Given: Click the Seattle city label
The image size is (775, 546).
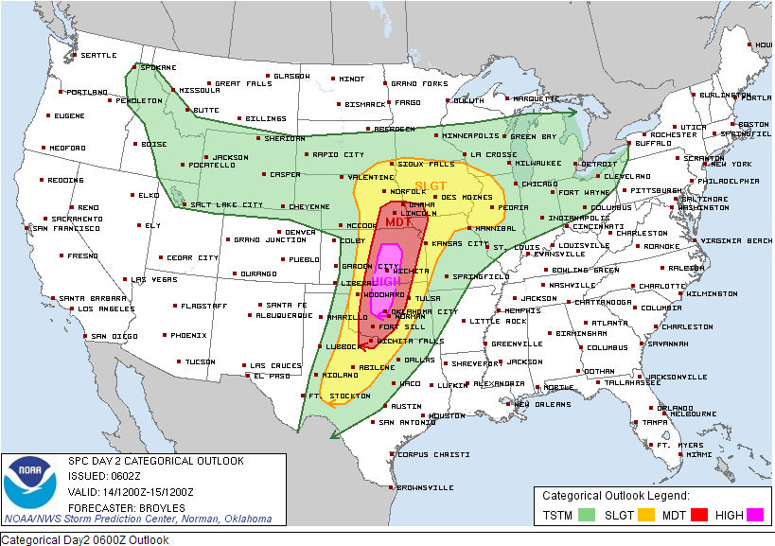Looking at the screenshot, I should tap(97, 55).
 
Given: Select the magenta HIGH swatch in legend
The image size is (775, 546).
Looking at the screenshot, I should tap(754, 514).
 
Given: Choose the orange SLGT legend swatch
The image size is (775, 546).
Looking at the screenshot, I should tap(644, 514).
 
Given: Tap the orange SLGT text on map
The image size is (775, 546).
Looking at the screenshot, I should tap(432, 186).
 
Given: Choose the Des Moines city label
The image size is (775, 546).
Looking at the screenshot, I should tap(466, 197).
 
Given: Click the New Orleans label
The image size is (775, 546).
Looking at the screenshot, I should tap(543, 404).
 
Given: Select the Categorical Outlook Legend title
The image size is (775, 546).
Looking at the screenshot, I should tap(615, 495).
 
